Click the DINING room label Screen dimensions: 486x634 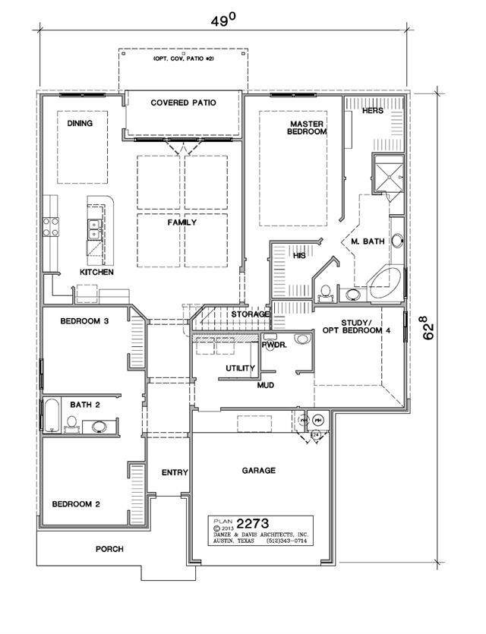pyautogui.click(x=80, y=123)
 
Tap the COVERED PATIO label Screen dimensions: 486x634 pyautogui.click(x=183, y=103)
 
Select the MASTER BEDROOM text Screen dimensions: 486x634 pyautogui.click(x=307, y=128)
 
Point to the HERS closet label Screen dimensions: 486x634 pyautogui.click(x=372, y=110)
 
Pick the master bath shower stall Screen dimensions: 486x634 pyautogui.click(x=389, y=174)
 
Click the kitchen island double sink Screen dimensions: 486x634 pyautogui.click(x=94, y=229)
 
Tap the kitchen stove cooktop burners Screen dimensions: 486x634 pyautogui.click(x=51, y=227)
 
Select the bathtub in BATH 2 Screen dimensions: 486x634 pyautogui.click(x=52, y=415)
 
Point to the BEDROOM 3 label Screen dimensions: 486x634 pyautogui.click(x=84, y=321)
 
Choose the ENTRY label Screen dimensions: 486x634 pyautogui.click(x=175, y=472)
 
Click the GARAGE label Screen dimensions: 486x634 pyautogui.click(x=259, y=470)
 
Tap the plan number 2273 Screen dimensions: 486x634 pyautogui.click(x=252, y=524)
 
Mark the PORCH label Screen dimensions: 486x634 pyautogui.click(x=109, y=549)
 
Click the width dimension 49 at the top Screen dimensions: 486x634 pyautogui.click(x=222, y=21)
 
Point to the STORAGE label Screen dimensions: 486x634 pyautogui.click(x=251, y=314)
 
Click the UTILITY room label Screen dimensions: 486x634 pyautogui.click(x=240, y=368)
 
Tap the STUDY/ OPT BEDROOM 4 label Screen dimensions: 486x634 pyautogui.click(x=356, y=326)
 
